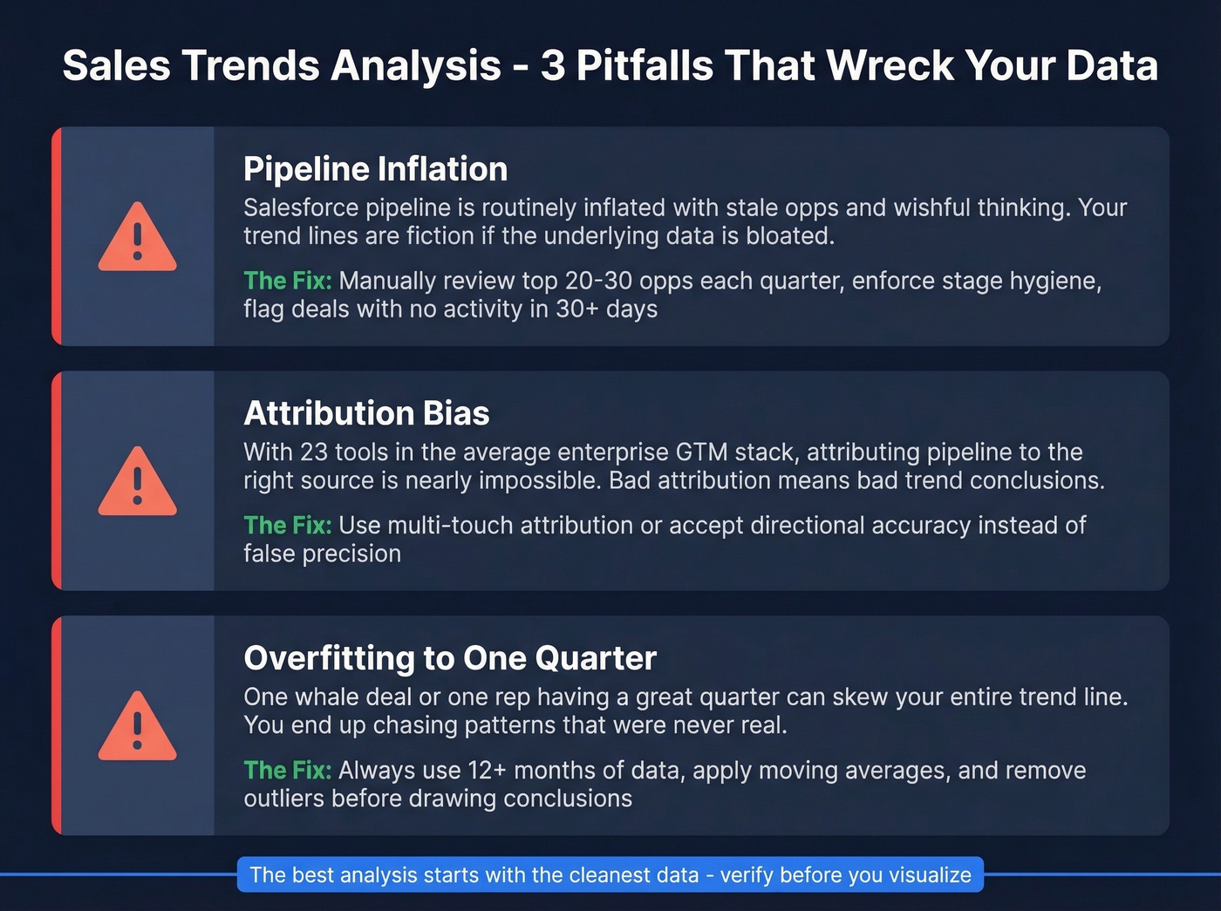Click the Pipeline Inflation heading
click(x=375, y=169)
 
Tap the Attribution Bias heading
click(x=366, y=413)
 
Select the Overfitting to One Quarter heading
click(x=449, y=658)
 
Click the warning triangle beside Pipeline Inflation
click(x=137, y=237)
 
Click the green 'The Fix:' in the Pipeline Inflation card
click(x=287, y=281)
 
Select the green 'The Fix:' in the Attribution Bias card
click(x=287, y=525)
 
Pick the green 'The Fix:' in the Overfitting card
click(x=287, y=770)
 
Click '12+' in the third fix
click(x=487, y=770)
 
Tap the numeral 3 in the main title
click(x=552, y=65)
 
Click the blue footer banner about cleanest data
click(x=610, y=874)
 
